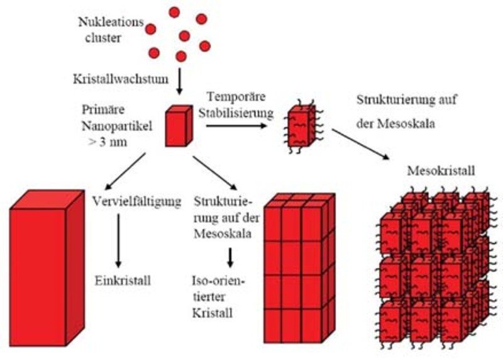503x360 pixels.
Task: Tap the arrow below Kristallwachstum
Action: pos(180,81)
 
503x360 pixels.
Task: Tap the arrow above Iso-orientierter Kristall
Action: pos(231,256)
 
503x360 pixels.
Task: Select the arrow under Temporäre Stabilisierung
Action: pos(236,125)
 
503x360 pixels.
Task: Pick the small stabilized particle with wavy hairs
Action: pos(303,127)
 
